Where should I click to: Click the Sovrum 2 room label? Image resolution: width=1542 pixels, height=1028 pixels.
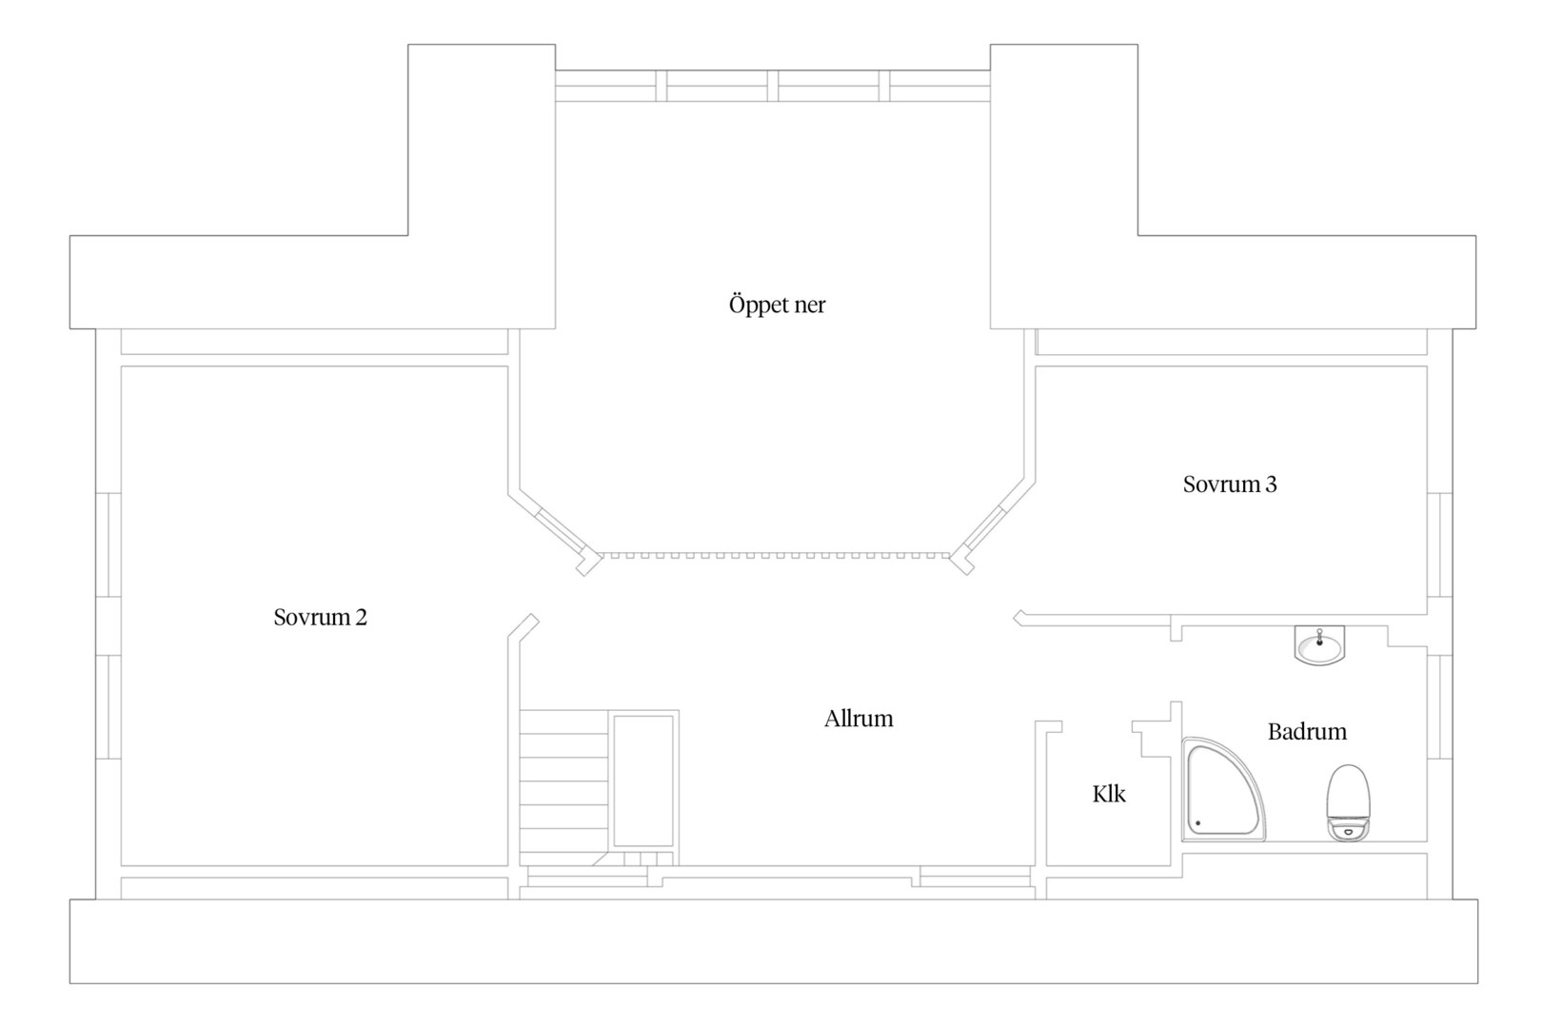(x=320, y=617)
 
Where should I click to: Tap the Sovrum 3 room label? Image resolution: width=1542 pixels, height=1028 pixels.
(x=1230, y=484)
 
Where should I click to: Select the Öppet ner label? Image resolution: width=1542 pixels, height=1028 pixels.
(x=777, y=304)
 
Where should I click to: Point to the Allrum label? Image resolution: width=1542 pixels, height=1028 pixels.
(x=859, y=718)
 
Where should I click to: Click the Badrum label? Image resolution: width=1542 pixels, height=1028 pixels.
(x=1307, y=731)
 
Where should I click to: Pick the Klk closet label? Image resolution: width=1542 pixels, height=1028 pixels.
(x=1108, y=794)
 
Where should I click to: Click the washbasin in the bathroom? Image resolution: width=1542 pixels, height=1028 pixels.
(x=1319, y=646)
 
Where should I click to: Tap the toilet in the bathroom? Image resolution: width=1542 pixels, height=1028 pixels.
(x=1348, y=802)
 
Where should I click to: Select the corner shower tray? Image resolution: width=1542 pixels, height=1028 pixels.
(x=1222, y=790)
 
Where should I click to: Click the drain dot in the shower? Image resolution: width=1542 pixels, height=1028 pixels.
(x=1198, y=822)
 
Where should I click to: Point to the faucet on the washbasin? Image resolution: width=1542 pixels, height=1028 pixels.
(x=1319, y=637)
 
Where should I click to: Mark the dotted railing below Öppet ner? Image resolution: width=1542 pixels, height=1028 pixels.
(x=776, y=555)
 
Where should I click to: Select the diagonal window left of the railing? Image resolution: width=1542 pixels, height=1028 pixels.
(x=560, y=531)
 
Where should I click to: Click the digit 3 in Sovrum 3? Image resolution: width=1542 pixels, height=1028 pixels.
(x=1271, y=484)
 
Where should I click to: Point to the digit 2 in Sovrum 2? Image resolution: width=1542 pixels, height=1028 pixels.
(x=361, y=617)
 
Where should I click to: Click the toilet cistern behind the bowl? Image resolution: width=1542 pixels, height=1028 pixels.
(x=1348, y=829)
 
